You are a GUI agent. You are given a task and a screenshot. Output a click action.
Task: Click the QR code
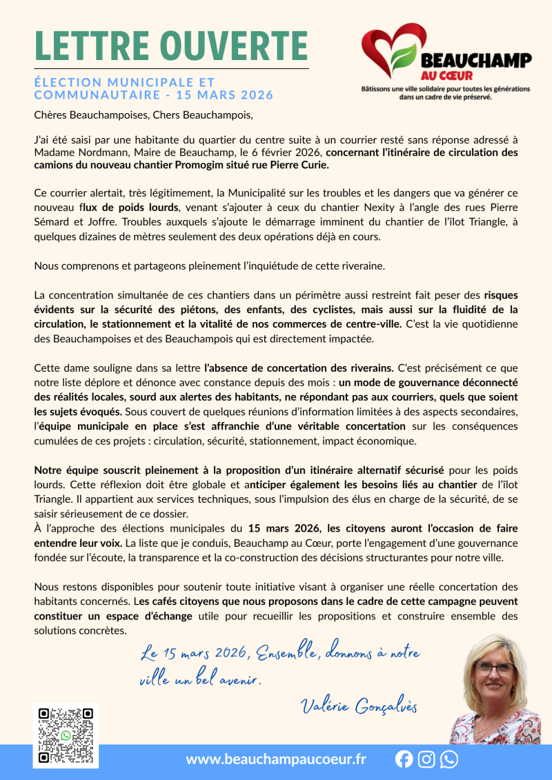66,735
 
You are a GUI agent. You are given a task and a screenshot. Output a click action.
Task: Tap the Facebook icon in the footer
404,759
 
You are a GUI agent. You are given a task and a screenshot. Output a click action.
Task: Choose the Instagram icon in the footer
427,759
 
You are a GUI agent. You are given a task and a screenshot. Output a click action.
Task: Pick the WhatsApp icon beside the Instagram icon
449,759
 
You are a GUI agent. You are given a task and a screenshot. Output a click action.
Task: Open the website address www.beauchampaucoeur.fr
276,759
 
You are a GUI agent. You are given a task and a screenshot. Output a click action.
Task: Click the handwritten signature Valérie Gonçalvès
359,705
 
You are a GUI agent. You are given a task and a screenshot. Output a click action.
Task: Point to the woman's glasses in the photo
494,667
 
